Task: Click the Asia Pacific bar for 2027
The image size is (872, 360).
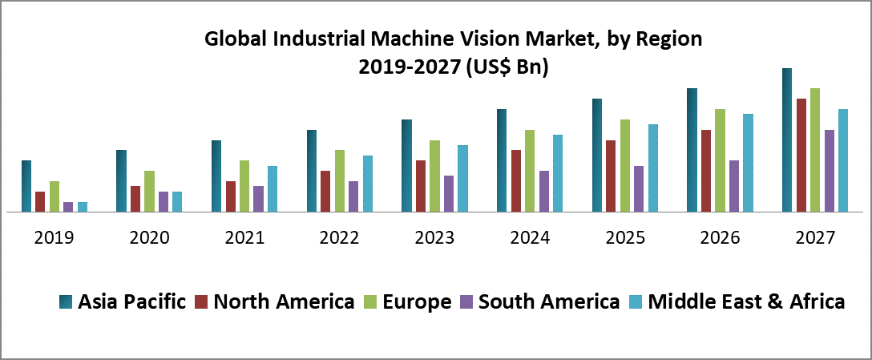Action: pyautogui.click(x=787, y=140)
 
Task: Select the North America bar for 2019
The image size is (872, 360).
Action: pyautogui.click(x=40, y=202)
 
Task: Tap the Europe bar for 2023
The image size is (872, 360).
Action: pyautogui.click(x=435, y=176)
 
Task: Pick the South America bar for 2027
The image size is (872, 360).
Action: pyautogui.click(x=830, y=171)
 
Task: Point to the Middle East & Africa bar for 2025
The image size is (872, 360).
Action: pyautogui.click(x=653, y=168)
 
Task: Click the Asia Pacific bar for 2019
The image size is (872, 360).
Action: pyautogui.click(x=26, y=186)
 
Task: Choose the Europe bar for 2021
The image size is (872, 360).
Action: pyautogui.click(x=244, y=186)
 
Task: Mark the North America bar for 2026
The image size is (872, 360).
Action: pyautogui.click(x=706, y=171)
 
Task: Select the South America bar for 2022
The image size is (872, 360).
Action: pyautogui.click(x=353, y=196)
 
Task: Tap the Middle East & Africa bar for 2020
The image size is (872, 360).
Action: pyautogui.click(x=177, y=202)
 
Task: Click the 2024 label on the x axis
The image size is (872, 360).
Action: pyautogui.click(x=530, y=237)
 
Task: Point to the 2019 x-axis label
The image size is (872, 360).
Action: pyautogui.click(x=54, y=237)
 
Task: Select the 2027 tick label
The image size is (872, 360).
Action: pyautogui.click(x=815, y=237)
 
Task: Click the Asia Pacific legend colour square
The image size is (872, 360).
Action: pyautogui.click(x=67, y=302)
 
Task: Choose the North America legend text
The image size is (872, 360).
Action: pyautogui.click(x=285, y=302)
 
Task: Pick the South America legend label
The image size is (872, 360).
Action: pyautogui.click(x=549, y=302)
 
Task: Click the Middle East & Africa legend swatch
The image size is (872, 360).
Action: pyautogui.click(x=637, y=302)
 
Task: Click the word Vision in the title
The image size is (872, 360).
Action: pyautogui.click(x=478, y=38)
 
